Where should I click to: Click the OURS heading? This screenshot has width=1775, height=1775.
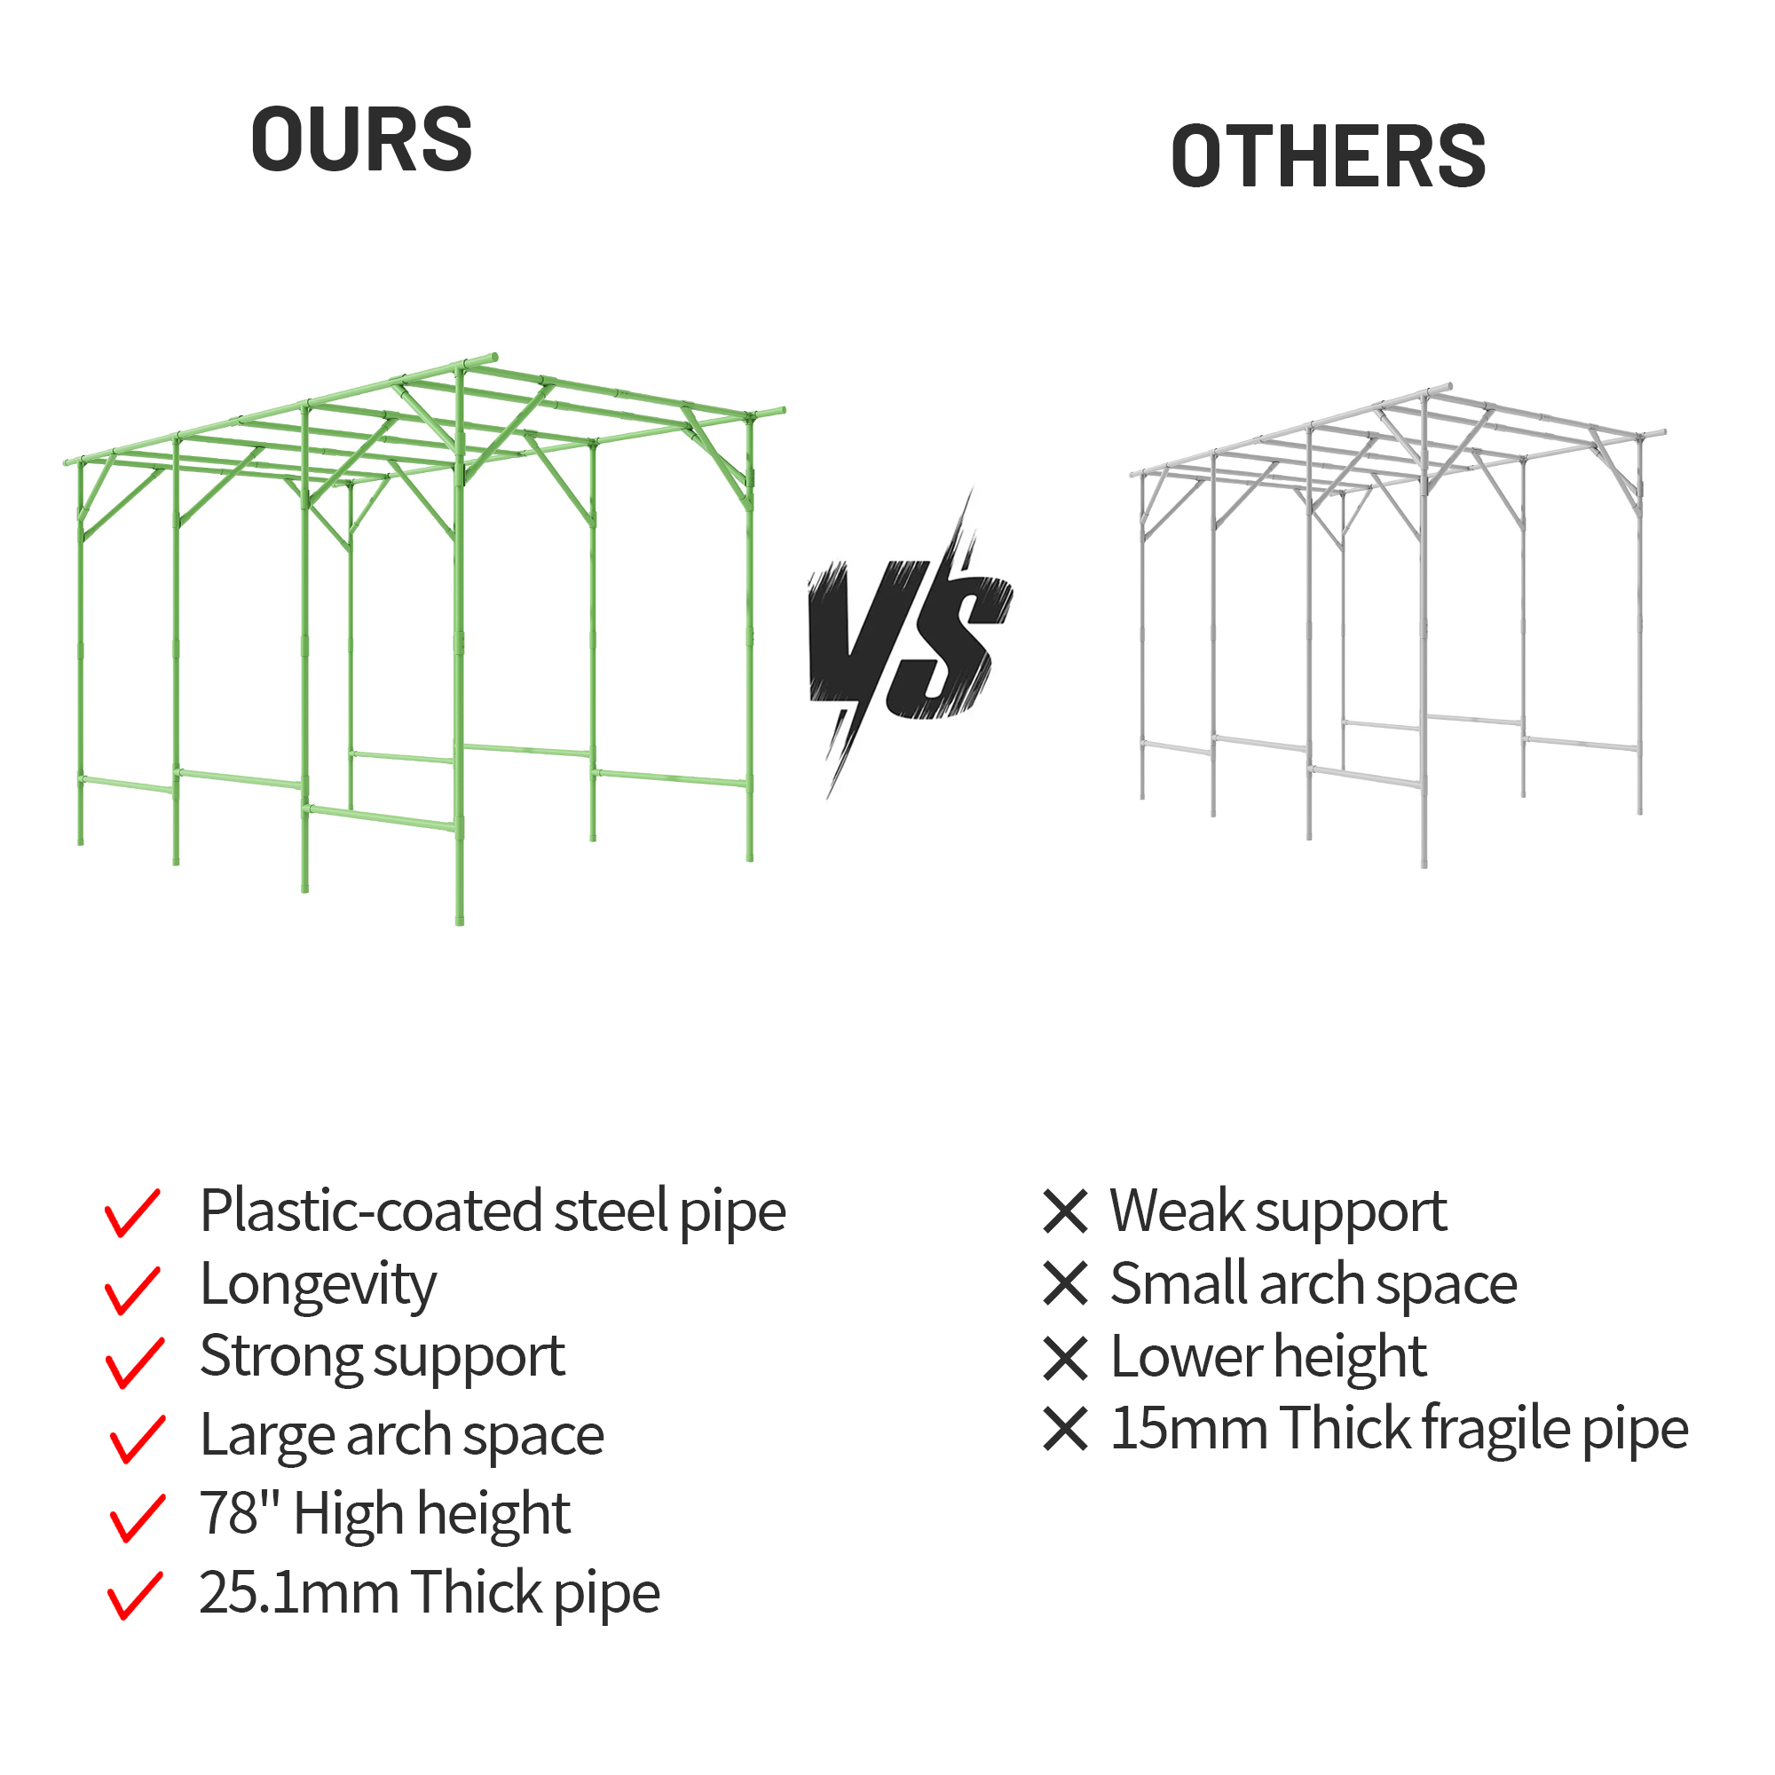pyautogui.click(x=361, y=138)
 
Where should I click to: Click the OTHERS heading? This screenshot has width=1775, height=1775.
pyautogui.click(x=1328, y=156)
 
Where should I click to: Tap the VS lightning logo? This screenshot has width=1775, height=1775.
pyautogui.click(x=910, y=643)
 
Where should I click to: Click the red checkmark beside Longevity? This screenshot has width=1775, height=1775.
pyautogui.click(x=133, y=1290)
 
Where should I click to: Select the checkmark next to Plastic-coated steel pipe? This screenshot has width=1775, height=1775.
pyautogui.click(x=133, y=1212)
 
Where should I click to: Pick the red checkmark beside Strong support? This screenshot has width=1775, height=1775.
pyautogui.click(x=135, y=1362)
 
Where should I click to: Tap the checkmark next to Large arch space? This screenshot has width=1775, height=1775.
pyautogui.click(x=138, y=1439)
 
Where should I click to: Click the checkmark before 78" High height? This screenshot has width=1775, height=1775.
pyautogui.click(x=138, y=1518)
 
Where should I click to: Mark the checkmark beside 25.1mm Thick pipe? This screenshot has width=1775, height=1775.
pyautogui.click(x=135, y=1596)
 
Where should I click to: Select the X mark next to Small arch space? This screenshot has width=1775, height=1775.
pyautogui.click(x=1066, y=1283)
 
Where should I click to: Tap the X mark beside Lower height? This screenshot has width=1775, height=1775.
pyautogui.click(x=1066, y=1358)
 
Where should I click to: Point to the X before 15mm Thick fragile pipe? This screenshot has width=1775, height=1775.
pyautogui.click(x=1066, y=1430)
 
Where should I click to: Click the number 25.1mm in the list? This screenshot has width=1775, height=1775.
pyautogui.click(x=298, y=1592)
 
